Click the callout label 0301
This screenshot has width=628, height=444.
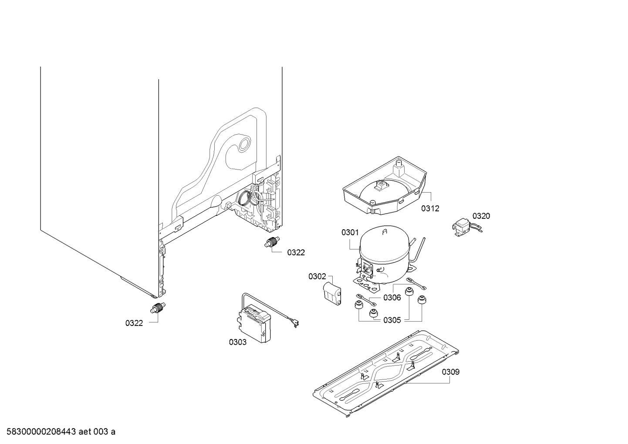[x=350, y=232]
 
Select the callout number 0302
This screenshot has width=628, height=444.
[x=317, y=277]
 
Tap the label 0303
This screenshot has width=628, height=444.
[x=238, y=342]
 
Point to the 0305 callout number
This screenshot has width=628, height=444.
[x=392, y=320]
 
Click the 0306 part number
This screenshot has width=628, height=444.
[x=392, y=297]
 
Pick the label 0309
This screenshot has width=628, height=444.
[x=451, y=372]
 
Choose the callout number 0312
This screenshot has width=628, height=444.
[x=430, y=208]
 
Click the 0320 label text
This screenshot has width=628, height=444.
[x=481, y=216]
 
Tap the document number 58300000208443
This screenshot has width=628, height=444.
[x=41, y=432]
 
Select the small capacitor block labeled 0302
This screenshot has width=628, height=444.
[x=332, y=293]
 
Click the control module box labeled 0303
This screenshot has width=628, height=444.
[x=254, y=323]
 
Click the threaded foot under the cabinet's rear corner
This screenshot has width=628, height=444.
[x=272, y=242]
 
